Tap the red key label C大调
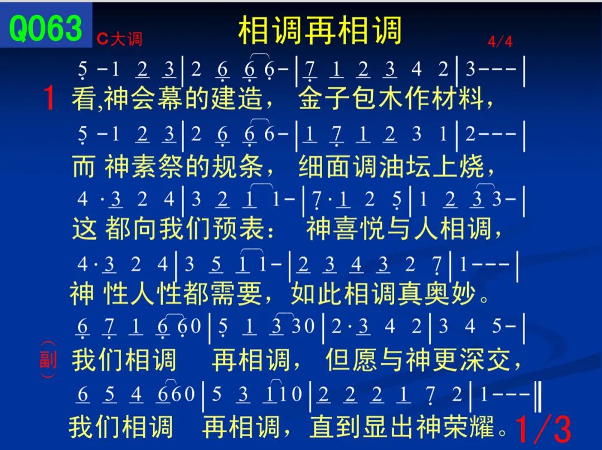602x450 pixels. [x=119, y=39]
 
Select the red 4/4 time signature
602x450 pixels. [x=500, y=41]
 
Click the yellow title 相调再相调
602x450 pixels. [x=320, y=30]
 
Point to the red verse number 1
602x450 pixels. [x=48, y=98]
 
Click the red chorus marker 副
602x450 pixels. [x=48, y=360]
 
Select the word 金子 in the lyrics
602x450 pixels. [x=324, y=98]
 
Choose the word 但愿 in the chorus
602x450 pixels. [x=351, y=360]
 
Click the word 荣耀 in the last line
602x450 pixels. [x=469, y=427]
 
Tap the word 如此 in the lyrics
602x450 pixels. [x=317, y=294]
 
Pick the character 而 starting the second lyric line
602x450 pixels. [x=83, y=167]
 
